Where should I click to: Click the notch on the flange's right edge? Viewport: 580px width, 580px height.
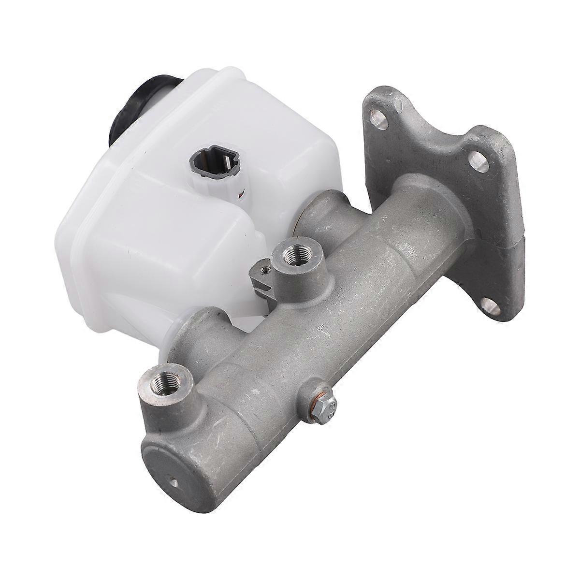pyautogui.click(x=520, y=237)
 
